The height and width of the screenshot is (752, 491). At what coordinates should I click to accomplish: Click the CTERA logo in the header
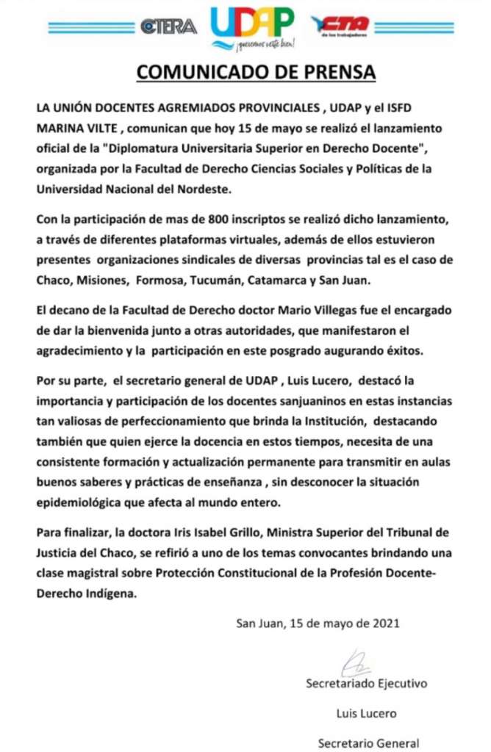coord(168,26)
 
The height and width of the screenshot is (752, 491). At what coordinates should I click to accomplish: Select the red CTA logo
coord(340,26)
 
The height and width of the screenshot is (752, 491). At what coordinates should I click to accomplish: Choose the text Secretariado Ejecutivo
coord(366,684)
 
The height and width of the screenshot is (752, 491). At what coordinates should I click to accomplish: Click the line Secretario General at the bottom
coord(368,742)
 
